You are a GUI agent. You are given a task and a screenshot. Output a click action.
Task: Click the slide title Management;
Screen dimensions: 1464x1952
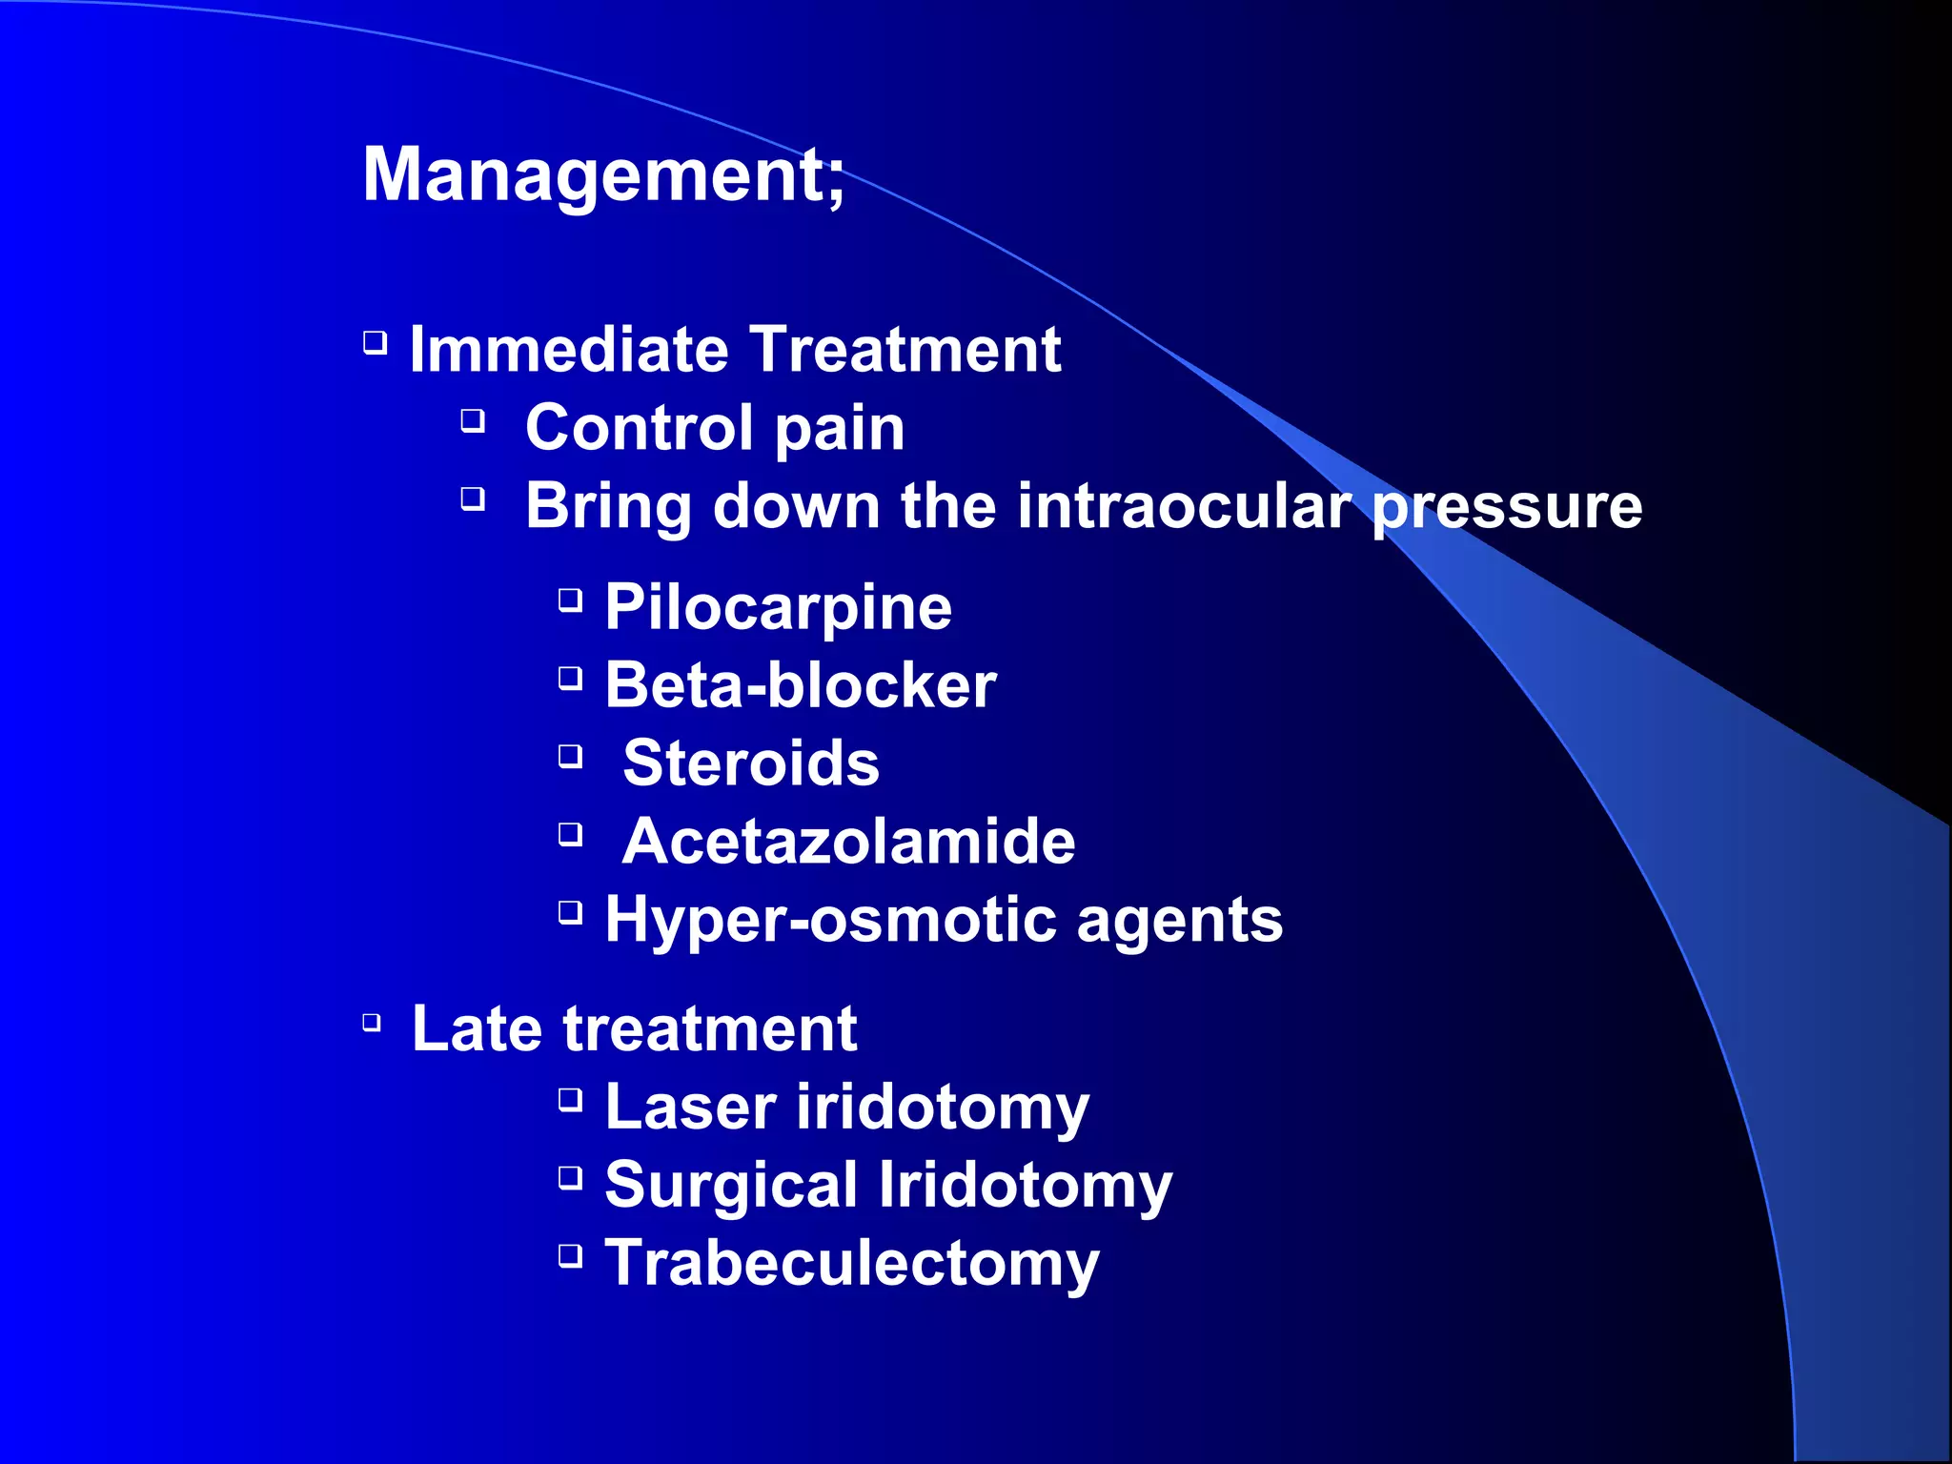tap(603, 175)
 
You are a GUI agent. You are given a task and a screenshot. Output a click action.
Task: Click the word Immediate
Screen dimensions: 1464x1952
tap(568, 350)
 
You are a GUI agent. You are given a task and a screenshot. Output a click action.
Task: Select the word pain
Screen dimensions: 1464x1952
tap(839, 429)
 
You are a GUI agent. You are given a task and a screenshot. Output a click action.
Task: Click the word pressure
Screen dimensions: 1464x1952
tap(1507, 507)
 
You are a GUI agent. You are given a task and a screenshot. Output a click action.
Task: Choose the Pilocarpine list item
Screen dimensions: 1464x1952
tap(778, 608)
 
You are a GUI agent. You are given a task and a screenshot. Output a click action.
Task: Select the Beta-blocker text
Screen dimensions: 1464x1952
tap(801, 685)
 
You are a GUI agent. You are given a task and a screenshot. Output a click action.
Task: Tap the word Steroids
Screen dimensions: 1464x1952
tap(751, 763)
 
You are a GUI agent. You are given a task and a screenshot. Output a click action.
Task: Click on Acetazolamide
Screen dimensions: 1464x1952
tap(848, 842)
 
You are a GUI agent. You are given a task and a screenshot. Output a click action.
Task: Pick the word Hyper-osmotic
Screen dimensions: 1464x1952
tap(831, 921)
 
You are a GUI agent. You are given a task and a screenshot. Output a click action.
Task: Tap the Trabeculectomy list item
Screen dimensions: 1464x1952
tap(852, 1264)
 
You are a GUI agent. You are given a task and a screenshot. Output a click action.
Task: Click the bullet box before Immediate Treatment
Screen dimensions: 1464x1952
tap(376, 342)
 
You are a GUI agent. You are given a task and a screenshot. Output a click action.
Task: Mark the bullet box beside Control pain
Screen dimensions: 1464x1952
tap(474, 420)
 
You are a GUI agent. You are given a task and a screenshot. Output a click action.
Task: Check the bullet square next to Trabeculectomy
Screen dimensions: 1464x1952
tap(570, 1255)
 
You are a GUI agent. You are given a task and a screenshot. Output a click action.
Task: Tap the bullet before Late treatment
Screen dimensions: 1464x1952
tap(373, 1024)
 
